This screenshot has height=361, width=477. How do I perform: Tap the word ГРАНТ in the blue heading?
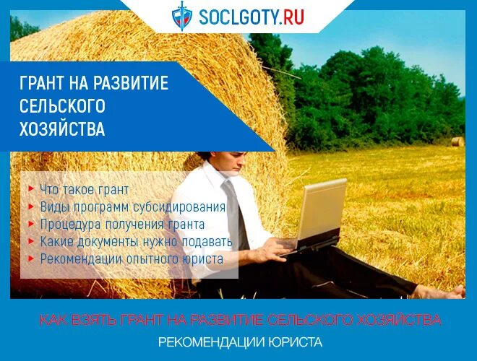point(44,83)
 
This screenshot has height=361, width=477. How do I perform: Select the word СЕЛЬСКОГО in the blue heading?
point(62,106)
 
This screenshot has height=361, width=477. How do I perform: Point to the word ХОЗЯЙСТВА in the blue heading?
point(62,130)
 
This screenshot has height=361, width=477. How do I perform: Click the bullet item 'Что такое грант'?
point(84,189)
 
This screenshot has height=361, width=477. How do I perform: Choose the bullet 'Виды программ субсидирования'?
point(132,206)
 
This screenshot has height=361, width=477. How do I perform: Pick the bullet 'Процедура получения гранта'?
point(122,224)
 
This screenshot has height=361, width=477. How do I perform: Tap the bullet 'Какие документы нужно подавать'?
point(135,241)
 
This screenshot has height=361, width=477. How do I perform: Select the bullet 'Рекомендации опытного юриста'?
point(131,258)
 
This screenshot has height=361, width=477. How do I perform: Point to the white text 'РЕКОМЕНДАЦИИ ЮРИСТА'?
point(240,342)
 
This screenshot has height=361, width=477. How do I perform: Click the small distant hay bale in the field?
point(456,142)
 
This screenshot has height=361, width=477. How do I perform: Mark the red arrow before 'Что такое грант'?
point(30,188)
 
